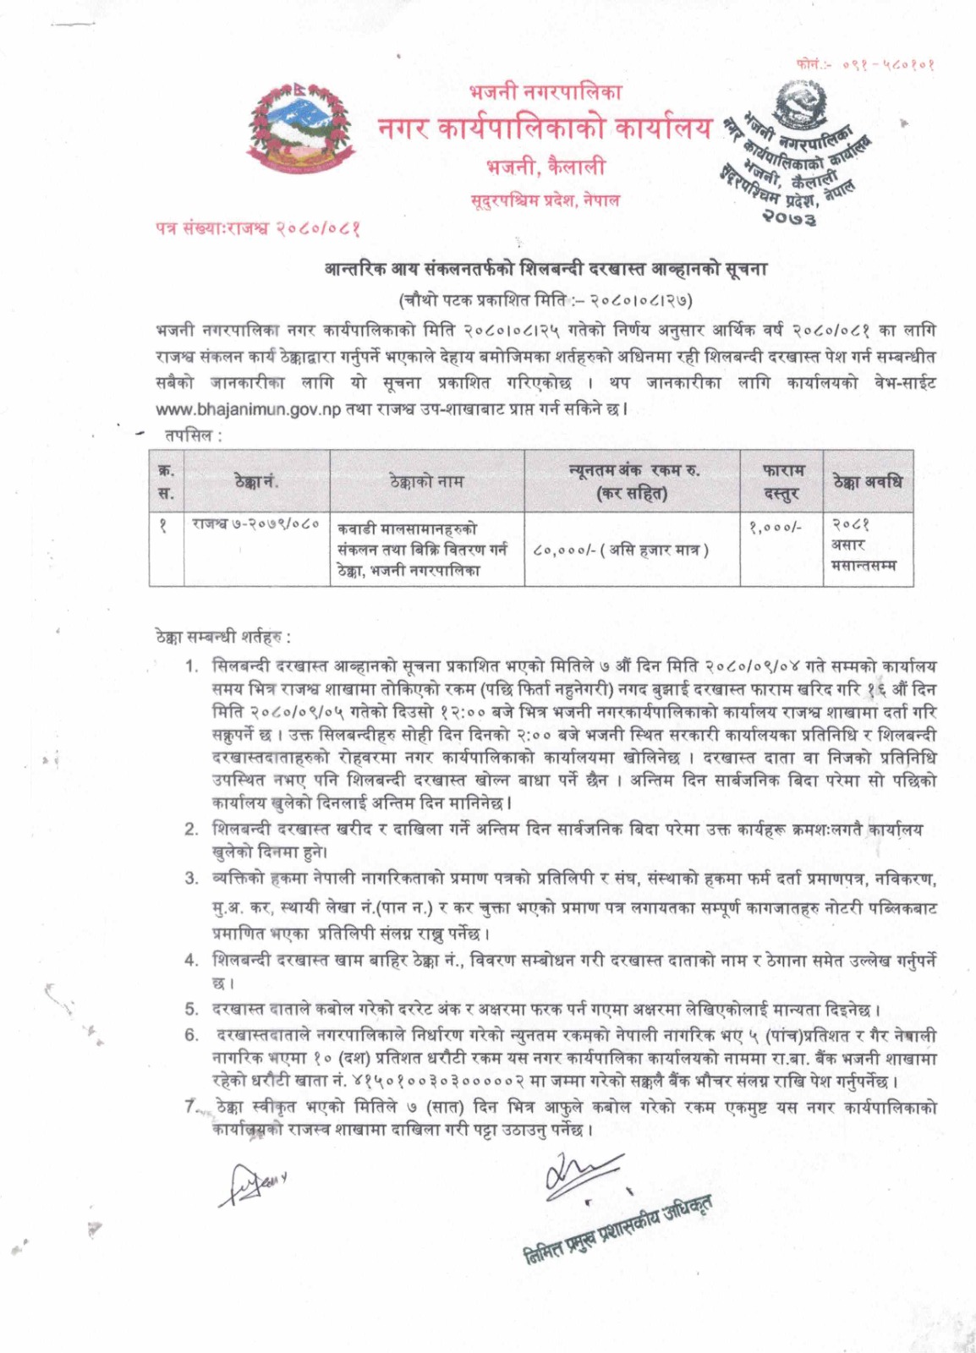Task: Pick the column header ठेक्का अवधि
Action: pos(867,482)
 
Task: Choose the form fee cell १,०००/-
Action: pos(775,526)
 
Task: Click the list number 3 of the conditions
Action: pos(192,879)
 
